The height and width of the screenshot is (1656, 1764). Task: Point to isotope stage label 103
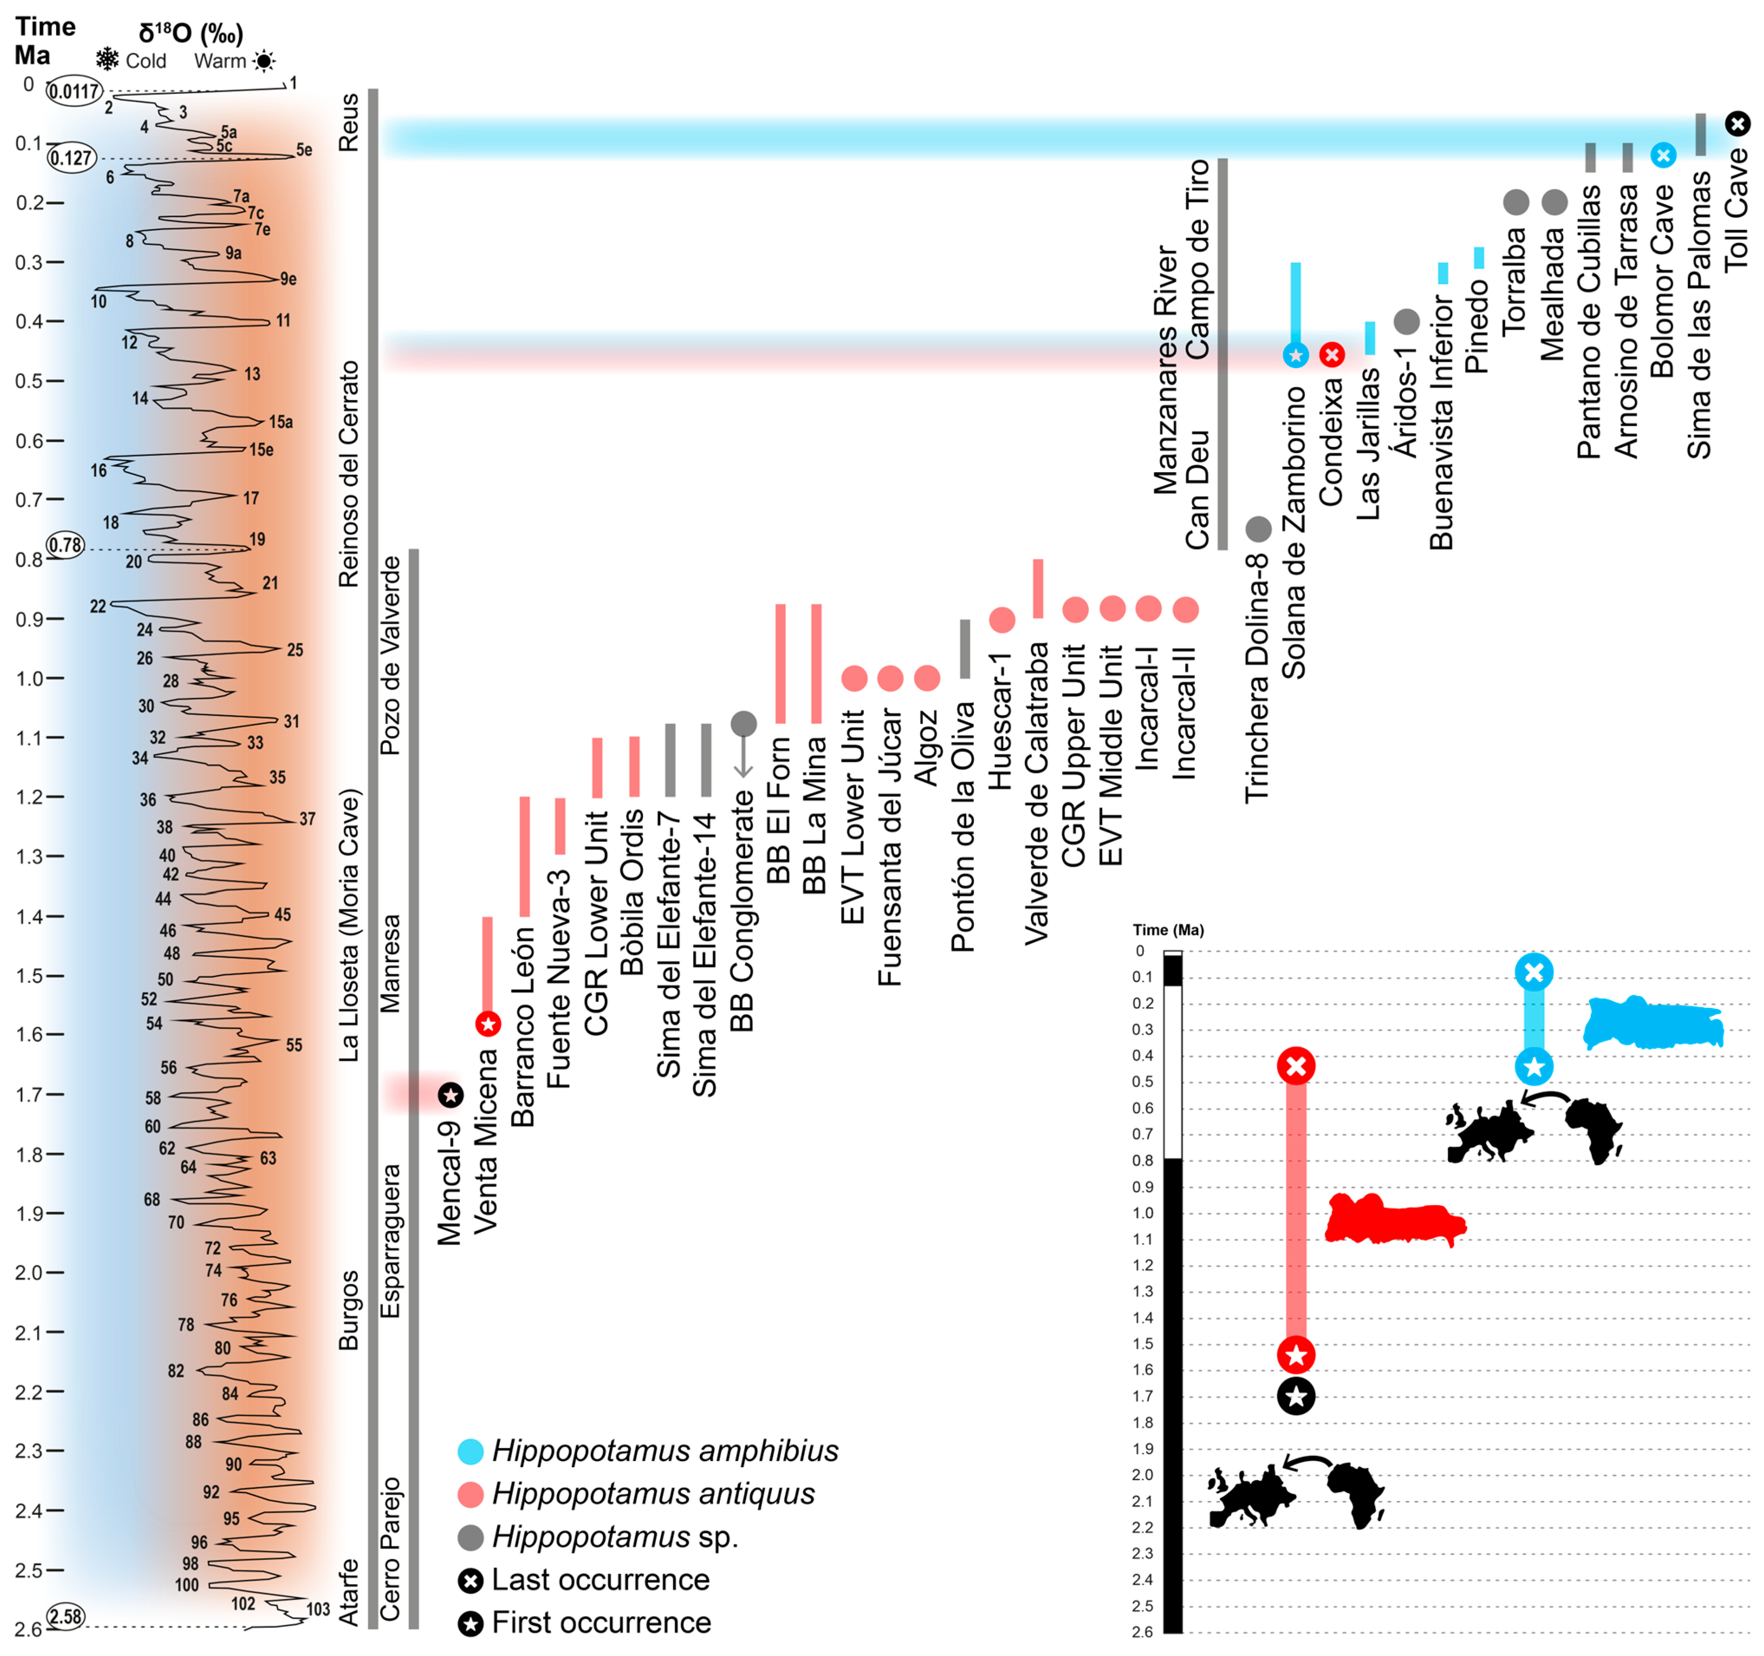(318, 1609)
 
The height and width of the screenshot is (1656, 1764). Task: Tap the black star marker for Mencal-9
(451, 1095)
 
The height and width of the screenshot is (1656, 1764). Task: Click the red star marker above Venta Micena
(487, 1024)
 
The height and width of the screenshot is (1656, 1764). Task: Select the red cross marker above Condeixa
(1331, 355)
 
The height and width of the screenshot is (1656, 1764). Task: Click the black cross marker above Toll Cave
(1738, 123)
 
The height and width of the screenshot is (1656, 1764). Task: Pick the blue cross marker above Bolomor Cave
(1663, 156)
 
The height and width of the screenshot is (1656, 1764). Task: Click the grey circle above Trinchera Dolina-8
(1258, 529)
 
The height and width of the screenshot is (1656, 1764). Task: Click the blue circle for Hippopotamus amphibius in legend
(470, 1452)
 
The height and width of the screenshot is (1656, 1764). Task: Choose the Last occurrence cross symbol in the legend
(470, 1581)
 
